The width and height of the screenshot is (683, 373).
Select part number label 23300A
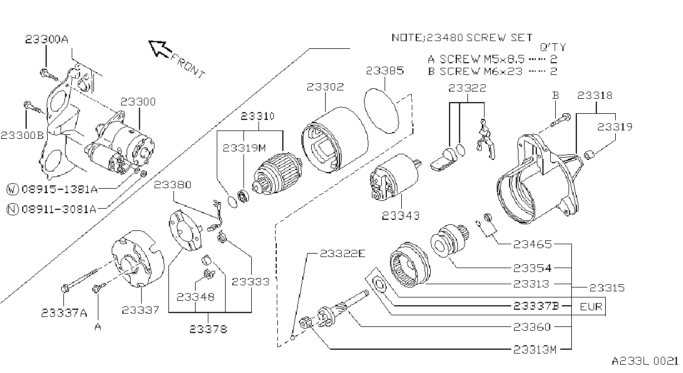point(47,39)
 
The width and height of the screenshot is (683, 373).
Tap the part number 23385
point(385,70)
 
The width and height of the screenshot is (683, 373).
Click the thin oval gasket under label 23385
point(381,111)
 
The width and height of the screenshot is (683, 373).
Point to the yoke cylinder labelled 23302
point(335,139)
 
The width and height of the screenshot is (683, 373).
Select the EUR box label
point(591,306)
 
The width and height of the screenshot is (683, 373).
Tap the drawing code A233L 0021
point(645,361)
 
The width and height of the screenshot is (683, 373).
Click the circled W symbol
point(12,189)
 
